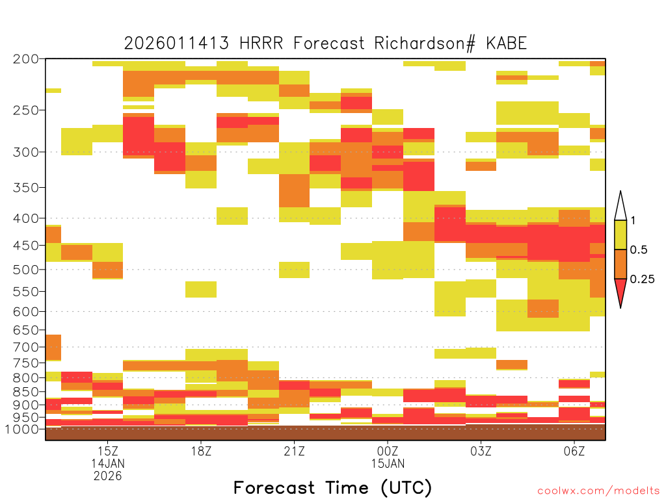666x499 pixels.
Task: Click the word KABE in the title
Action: [507, 44]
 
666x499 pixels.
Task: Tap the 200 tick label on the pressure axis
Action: [26, 59]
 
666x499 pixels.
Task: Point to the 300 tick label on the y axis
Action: [26, 152]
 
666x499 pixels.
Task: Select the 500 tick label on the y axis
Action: [26, 270]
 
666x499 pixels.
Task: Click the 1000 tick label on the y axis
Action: [21, 429]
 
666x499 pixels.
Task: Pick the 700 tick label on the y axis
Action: [26, 347]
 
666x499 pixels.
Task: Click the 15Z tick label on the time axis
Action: [108, 451]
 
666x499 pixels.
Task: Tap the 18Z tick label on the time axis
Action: [201, 451]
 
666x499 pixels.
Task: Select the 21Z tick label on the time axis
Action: [295, 451]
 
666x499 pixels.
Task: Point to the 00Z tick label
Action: [388, 451]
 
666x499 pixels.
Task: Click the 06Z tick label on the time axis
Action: [574, 451]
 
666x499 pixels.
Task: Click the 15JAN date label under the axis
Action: [388, 463]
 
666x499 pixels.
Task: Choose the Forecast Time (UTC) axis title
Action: [332, 487]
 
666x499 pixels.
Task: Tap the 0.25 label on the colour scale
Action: [642, 279]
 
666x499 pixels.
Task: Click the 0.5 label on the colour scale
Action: [639, 249]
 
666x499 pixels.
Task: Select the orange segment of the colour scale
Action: [620, 264]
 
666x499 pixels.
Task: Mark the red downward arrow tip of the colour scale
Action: [620, 307]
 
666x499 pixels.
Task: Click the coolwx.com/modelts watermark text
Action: [598, 491]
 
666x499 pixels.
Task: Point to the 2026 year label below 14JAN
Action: [108, 476]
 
